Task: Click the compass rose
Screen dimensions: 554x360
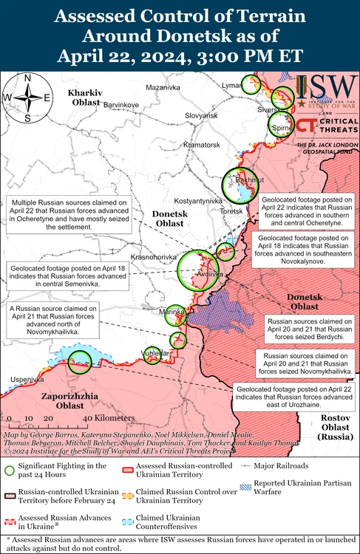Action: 27,97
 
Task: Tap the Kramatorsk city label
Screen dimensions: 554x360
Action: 202,145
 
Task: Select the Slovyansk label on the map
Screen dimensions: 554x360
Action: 201,116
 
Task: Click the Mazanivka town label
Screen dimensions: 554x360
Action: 163,88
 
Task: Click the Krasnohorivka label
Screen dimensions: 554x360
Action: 153,256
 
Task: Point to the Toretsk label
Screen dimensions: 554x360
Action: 231,212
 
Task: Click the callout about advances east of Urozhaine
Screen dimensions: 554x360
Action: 294,392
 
